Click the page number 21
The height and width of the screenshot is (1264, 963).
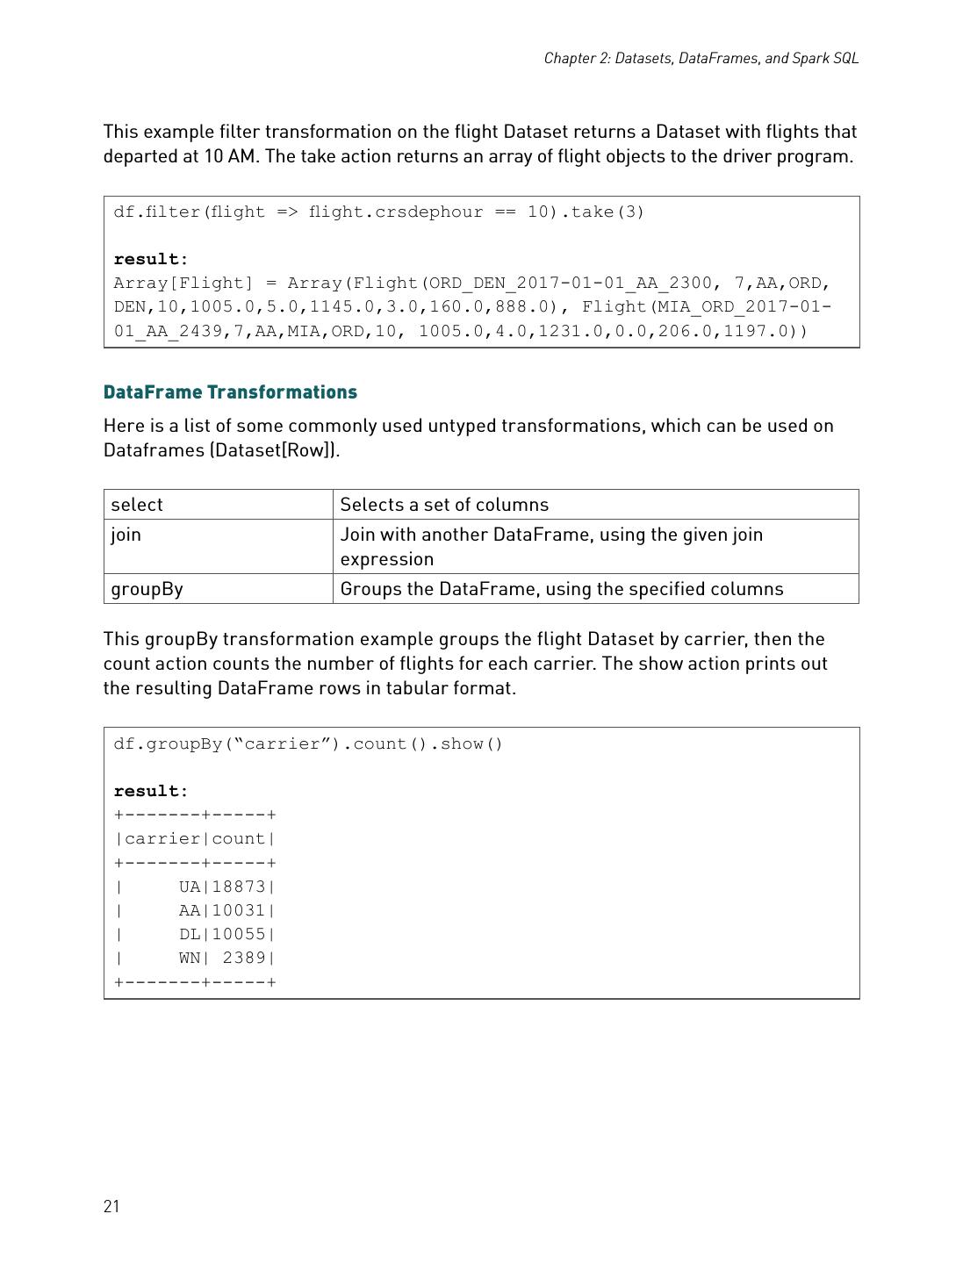tap(111, 1206)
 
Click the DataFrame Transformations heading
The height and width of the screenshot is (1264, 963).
tap(230, 392)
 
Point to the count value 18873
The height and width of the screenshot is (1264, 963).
tap(239, 887)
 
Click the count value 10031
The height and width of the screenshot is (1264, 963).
tap(239, 910)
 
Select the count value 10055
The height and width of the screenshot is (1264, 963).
tap(239, 934)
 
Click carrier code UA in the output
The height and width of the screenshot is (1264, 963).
tap(190, 887)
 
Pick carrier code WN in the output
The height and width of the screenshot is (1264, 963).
tap(190, 958)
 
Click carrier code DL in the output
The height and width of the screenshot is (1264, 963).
tap(190, 934)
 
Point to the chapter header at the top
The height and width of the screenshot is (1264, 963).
tap(701, 58)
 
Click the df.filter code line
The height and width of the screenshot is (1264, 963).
tap(378, 212)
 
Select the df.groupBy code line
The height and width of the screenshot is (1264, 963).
tap(308, 744)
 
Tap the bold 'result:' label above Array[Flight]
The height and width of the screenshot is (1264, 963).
tap(151, 260)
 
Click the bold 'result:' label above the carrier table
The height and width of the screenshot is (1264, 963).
tap(151, 792)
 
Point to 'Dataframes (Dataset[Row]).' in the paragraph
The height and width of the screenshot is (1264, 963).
tap(221, 450)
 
